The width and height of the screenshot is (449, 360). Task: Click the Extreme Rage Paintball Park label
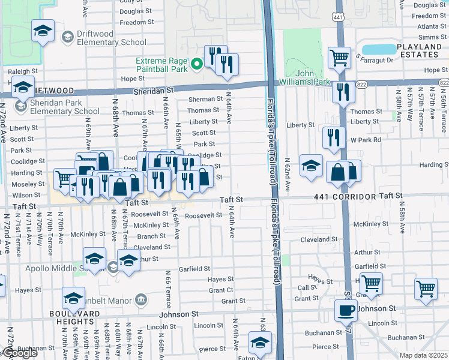point(161,62)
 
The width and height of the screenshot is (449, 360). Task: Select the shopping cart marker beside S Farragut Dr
point(339,58)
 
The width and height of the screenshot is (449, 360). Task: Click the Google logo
point(19,353)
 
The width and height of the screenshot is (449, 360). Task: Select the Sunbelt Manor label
point(106,299)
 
